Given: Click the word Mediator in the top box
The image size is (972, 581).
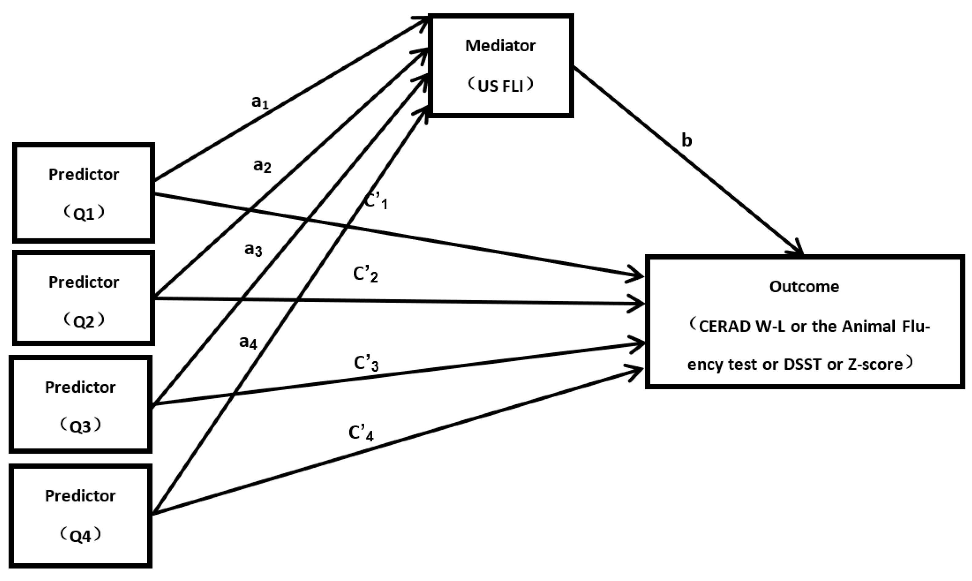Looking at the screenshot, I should point(500,46).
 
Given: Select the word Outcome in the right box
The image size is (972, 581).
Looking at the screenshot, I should point(804,287).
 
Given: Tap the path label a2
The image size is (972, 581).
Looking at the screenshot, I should point(262,166).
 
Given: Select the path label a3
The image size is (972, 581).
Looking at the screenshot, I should point(253,249).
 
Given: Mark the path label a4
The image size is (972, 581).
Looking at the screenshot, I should point(248,343).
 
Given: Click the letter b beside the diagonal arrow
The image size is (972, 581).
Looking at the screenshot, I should point(687,141).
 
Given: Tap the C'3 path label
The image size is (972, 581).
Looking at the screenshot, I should point(366,363).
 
